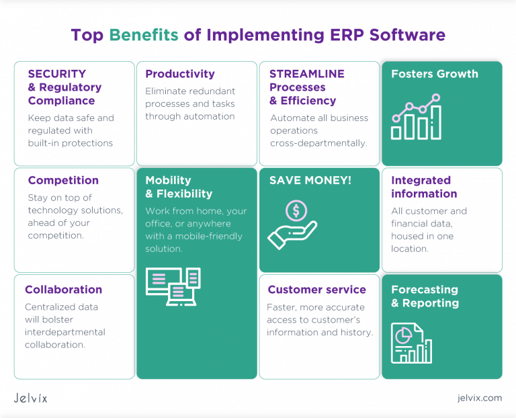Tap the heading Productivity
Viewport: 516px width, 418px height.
pos(180,74)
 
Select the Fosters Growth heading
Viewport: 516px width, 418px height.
pos(435,74)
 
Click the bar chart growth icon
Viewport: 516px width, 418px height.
pos(416,118)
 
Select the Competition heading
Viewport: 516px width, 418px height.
pos(63,180)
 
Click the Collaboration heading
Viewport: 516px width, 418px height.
pos(63,290)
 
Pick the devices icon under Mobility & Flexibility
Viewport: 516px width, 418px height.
pos(173,286)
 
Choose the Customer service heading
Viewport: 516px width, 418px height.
pos(316,290)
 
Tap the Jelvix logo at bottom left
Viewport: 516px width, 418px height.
pos(31,398)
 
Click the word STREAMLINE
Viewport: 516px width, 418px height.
pos(307,74)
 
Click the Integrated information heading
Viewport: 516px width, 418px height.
pos(423,187)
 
